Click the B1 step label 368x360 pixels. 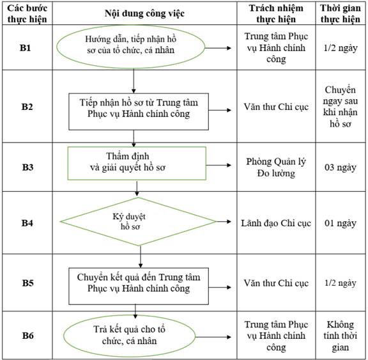(x=25, y=48)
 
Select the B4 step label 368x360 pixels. (x=27, y=223)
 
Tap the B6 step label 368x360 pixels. (x=27, y=335)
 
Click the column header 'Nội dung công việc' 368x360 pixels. (x=144, y=13)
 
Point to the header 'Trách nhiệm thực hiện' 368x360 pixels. (x=276, y=13)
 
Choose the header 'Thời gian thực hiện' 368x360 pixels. (x=341, y=13)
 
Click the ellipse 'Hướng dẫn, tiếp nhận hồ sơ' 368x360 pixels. (x=131, y=47)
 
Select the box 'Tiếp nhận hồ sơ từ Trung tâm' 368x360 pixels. (x=139, y=111)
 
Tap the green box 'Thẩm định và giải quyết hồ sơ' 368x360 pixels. (x=137, y=163)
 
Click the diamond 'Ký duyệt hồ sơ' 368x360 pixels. (x=138, y=221)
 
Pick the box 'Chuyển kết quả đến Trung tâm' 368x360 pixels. (x=139, y=286)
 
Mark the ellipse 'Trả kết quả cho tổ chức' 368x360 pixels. (x=129, y=336)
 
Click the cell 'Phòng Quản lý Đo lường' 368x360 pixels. (x=276, y=167)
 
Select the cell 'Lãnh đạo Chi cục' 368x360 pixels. (x=276, y=223)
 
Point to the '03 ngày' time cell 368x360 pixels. (x=341, y=167)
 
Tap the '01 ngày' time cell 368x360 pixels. (x=341, y=223)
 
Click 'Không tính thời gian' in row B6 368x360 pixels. (x=341, y=336)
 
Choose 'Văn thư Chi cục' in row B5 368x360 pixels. (x=276, y=283)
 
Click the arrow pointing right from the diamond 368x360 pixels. (x=224, y=221)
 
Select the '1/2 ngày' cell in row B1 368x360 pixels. (x=341, y=48)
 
